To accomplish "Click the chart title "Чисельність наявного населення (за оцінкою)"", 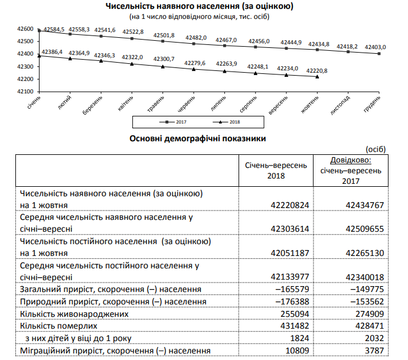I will [199, 6].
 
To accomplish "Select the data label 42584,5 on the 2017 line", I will [52, 30].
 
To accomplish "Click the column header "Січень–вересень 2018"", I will [275, 171].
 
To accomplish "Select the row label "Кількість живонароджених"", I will [74, 314].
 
